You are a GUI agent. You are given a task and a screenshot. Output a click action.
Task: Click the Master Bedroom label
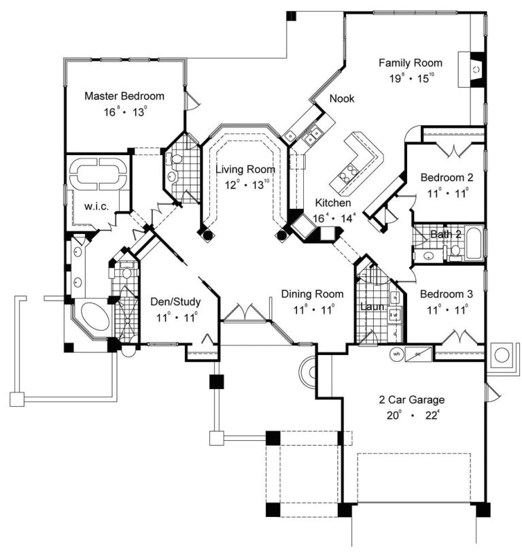(124, 96)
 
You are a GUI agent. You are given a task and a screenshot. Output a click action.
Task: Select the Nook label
(342, 99)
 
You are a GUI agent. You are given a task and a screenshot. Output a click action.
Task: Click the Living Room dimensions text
(243, 182)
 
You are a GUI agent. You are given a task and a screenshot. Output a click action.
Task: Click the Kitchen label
(332, 203)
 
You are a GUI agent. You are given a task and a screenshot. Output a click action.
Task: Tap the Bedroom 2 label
(447, 178)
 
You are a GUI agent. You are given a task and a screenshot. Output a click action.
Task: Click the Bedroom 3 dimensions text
(447, 308)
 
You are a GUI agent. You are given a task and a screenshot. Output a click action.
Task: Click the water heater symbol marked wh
(396, 354)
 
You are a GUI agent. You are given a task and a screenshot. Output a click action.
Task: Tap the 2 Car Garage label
(413, 399)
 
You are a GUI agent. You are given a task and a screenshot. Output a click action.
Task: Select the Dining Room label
(313, 294)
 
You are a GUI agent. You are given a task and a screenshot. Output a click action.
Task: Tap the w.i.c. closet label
(97, 205)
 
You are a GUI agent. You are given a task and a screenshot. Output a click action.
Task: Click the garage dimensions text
(413, 414)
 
